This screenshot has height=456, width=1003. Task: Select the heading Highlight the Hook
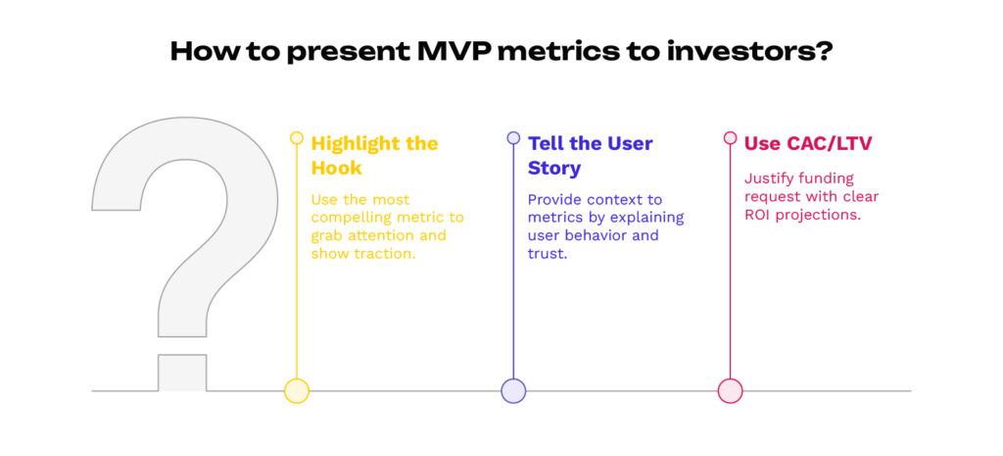[x=374, y=155]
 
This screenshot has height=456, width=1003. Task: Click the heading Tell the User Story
[x=590, y=155]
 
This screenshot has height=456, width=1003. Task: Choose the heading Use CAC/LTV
[x=808, y=143]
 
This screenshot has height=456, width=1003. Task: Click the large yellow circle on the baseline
[x=297, y=390]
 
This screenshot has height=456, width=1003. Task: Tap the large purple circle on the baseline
[x=513, y=390]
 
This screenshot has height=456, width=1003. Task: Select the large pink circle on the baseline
[x=730, y=390]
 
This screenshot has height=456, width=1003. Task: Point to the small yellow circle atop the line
[x=297, y=138]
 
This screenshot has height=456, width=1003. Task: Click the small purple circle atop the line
[x=513, y=138]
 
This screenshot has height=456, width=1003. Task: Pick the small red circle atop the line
[x=730, y=138]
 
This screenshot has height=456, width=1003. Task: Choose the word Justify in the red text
[x=771, y=178]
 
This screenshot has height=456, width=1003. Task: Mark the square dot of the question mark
[x=182, y=373]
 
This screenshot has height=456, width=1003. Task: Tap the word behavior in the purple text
[x=598, y=236]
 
